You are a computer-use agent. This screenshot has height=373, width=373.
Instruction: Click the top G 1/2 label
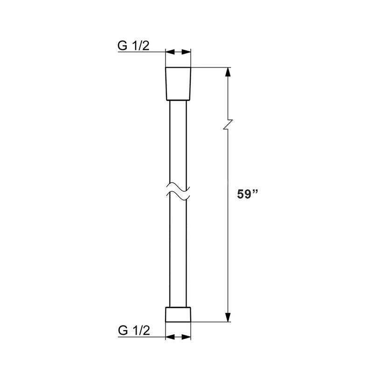click(x=134, y=46)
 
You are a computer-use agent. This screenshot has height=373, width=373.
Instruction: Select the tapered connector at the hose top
click(x=179, y=83)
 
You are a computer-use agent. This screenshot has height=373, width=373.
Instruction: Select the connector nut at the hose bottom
click(x=179, y=314)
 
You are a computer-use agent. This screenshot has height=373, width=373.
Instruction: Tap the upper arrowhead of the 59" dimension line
click(x=228, y=72)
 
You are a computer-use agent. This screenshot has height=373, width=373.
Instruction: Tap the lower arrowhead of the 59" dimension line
click(x=228, y=318)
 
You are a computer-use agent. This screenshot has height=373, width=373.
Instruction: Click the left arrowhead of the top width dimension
click(x=169, y=52)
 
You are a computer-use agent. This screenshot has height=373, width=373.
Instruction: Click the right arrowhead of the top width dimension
click(x=188, y=52)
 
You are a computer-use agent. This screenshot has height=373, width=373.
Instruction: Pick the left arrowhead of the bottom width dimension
click(x=169, y=337)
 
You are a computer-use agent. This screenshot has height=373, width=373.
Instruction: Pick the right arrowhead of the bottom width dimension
click(x=188, y=337)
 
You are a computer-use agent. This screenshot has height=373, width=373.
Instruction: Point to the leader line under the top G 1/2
click(x=140, y=53)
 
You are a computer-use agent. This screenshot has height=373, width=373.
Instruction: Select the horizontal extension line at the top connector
click(x=210, y=68)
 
